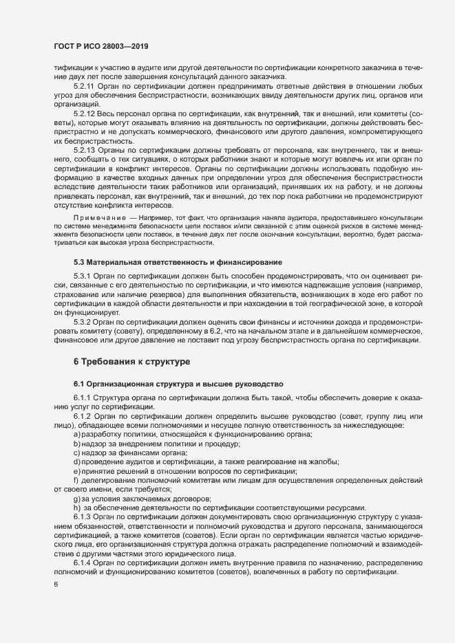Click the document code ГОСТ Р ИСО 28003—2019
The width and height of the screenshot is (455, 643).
pos(100,46)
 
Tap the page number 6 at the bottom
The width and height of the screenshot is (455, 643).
pos(56,585)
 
